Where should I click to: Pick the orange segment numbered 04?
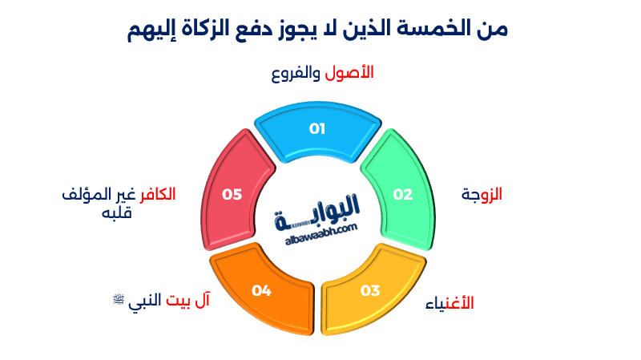coord(261,290)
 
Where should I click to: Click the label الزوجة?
coord(482,194)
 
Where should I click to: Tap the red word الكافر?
coord(158,195)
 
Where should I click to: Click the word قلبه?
coord(116,213)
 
